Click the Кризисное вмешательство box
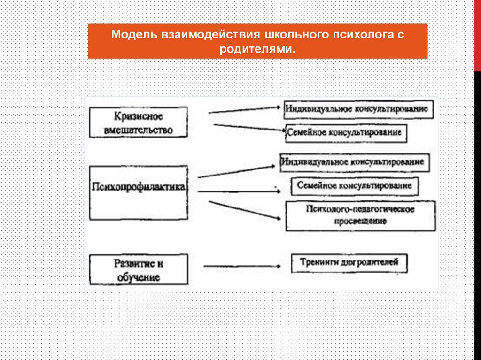click(x=138, y=122)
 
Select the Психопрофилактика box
click(x=139, y=192)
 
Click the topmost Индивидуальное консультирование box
click(x=357, y=109)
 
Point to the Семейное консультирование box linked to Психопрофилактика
click(x=355, y=186)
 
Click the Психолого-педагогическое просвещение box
click(x=360, y=216)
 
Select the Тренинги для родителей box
click(x=349, y=262)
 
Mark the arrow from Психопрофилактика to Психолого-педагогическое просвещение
click(x=245, y=210)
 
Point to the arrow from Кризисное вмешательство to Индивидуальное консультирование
click(x=244, y=110)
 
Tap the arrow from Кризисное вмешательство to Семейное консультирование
click(x=249, y=128)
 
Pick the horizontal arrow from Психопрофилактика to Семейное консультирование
click(x=240, y=191)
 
